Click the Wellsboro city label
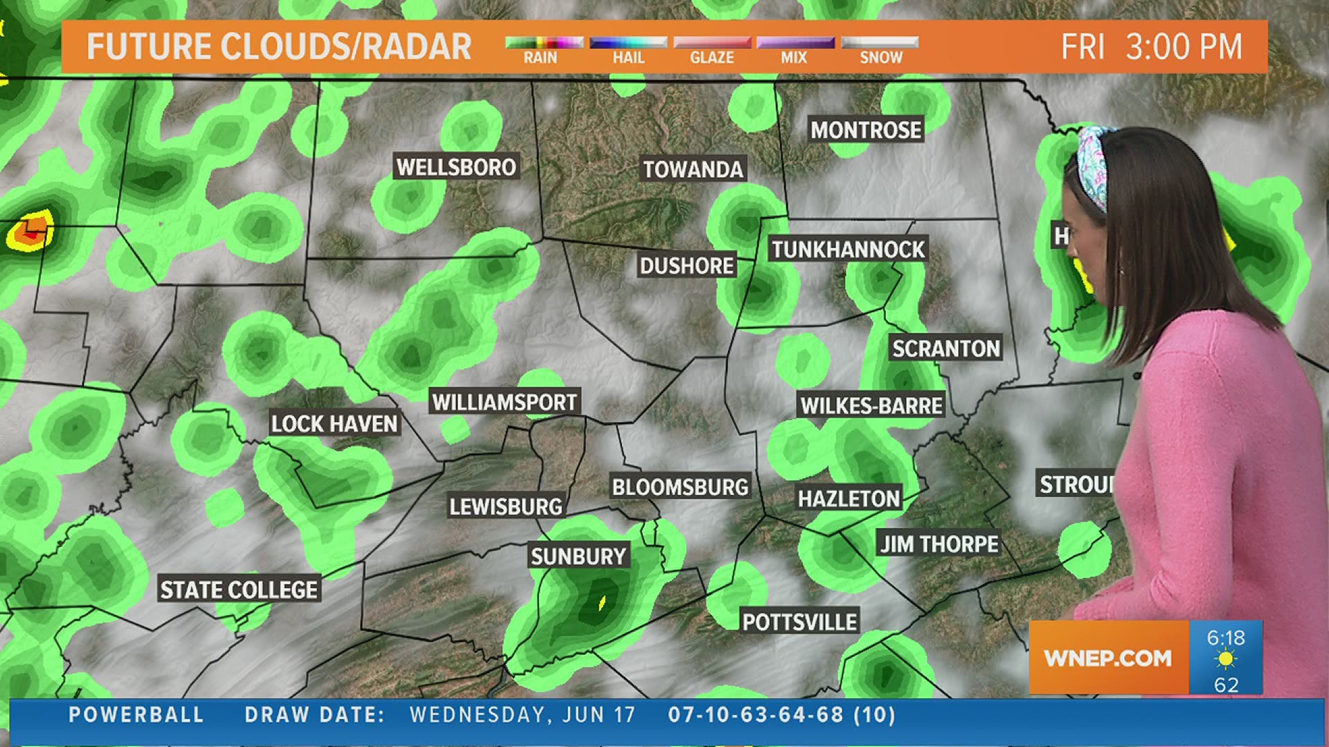click(456, 167)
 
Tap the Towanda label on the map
click(693, 169)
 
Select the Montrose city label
click(866, 130)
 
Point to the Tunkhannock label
click(848, 250)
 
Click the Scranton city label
click(946, 349)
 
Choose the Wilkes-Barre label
click(871, 405)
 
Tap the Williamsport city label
click(505, 402)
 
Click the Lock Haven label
click(334, 424)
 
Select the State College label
click(239, 590)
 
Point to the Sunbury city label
click(578, 556)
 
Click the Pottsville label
click(799, 622)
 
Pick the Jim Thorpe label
click(939, 544)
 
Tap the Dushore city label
click(687, 266)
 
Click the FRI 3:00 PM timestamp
click(1152, 47)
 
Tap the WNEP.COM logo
click(1107, 658)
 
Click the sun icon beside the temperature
click(1225, 660)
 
